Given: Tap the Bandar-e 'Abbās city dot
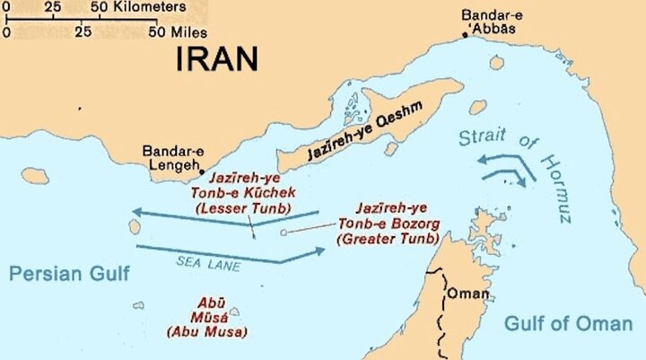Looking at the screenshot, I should pos(465,34).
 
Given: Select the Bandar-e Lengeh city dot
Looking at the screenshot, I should pos(203,171).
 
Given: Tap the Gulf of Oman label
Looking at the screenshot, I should pos(569,322).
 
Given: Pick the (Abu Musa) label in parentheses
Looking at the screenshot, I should pos(203,332).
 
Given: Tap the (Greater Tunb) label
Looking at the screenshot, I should pos(388,239).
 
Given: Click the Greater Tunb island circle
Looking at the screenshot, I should pos(284,233).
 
